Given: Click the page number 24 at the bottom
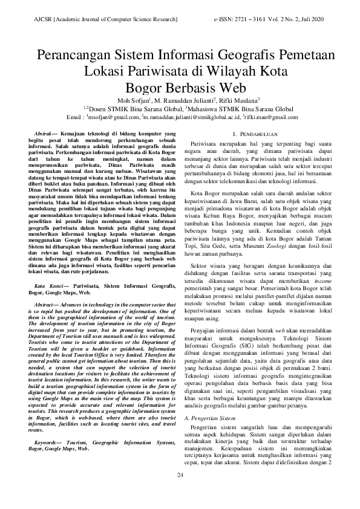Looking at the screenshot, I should (180, 475).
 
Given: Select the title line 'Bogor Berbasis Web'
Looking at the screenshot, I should (180, 86).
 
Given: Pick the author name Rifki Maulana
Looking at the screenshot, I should (240, 100).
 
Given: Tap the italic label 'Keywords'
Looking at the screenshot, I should (47, 442).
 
